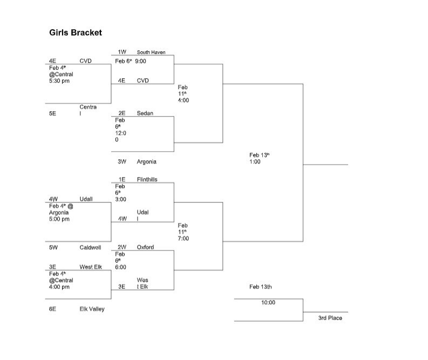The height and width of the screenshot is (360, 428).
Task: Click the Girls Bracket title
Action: (x=75, y=33)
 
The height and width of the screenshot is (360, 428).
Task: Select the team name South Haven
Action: (x=151, y=52)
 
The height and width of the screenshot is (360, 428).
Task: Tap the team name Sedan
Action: (x=145, y=113)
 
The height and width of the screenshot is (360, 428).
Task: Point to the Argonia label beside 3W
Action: (x=146, y=162)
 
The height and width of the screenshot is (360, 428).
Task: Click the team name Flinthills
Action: (x=147, y=180)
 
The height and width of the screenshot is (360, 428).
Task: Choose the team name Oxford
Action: (x=145, y=247)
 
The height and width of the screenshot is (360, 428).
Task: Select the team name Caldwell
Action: (x=90, y=247)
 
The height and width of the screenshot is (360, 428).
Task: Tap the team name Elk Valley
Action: (x=92, y=309)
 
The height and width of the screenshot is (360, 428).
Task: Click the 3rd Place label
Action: (x=330, y=318)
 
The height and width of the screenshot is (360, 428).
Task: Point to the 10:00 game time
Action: (x=268, y=303)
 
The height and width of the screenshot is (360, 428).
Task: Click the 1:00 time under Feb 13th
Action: (x=255, y=162)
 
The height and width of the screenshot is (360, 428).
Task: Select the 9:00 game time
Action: (x=141, y=62)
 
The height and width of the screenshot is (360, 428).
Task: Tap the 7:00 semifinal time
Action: (x=184, y=239)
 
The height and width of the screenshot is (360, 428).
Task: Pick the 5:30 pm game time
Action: (x=59, y=81)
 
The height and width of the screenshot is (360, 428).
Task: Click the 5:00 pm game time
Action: (x=59, y=219)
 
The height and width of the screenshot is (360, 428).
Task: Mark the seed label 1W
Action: (x=122, y=52)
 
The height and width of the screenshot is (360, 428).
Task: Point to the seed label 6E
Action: (x=52, y=309)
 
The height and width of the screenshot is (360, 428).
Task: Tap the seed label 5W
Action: (x=53, y=247)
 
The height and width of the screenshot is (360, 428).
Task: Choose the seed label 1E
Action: (x=122, y=180)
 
